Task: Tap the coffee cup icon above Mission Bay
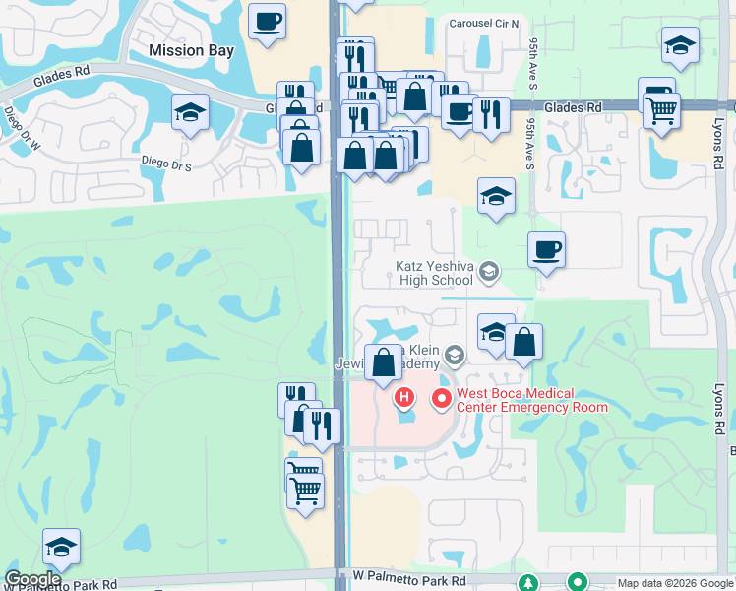267,22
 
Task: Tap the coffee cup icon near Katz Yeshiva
546,250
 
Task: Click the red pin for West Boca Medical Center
441,399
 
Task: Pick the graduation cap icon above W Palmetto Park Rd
61,548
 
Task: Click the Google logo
33,579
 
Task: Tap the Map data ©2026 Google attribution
675,583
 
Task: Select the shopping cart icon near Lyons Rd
662,110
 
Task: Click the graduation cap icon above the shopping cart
680,45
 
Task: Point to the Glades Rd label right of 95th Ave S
572,107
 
